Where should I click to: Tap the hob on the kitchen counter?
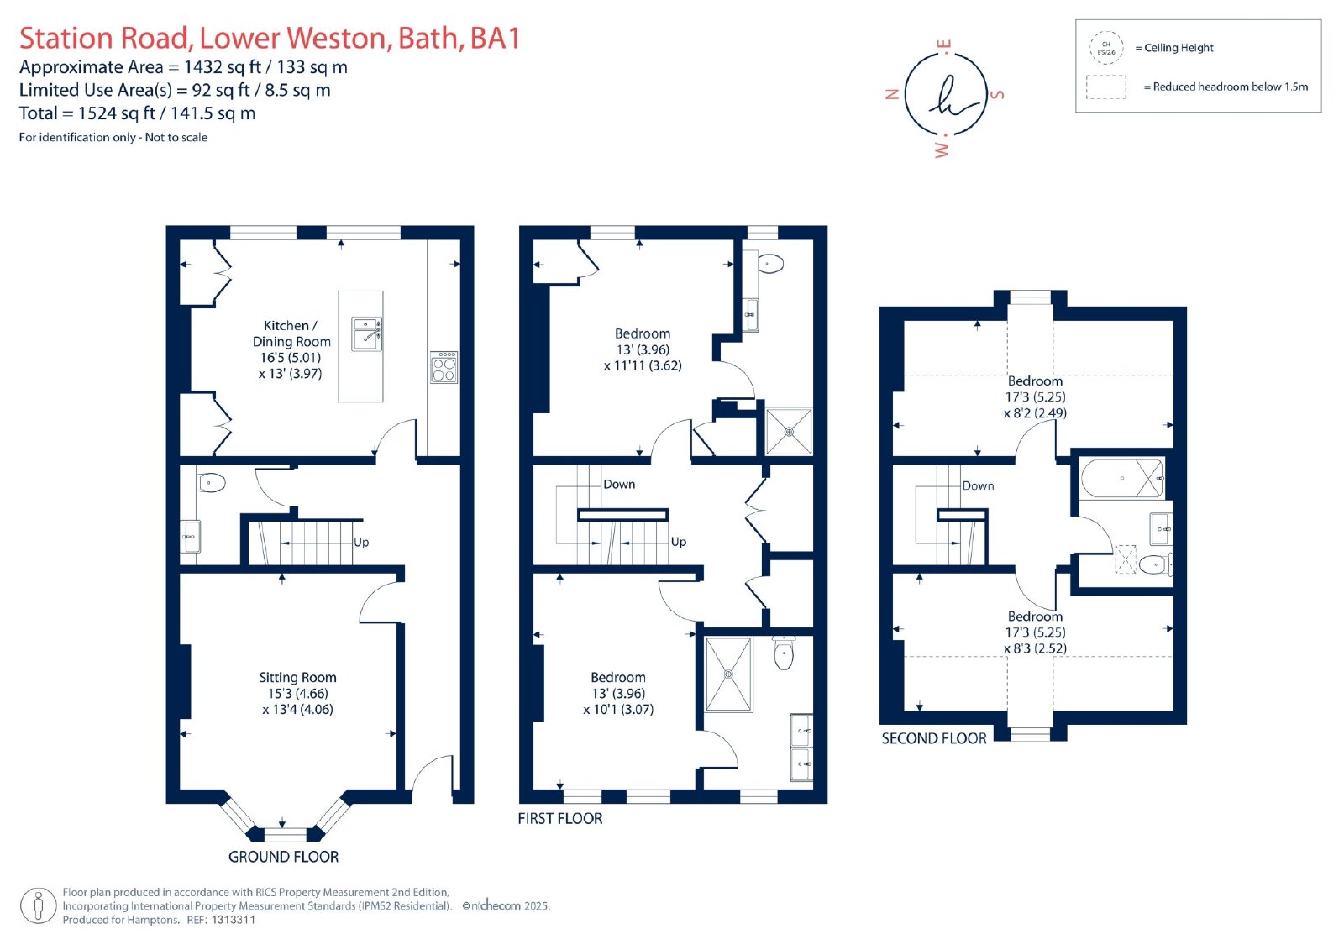[x=444, y=367]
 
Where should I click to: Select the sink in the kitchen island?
[x=366, y=334]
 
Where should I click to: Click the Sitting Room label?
[x=297, y=678]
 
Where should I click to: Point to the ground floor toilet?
[x=210, y=482]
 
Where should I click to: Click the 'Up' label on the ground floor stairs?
[x=361, y=543]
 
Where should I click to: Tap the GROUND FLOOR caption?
[x=283, y=857]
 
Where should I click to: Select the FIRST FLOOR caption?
[x=559, y=819]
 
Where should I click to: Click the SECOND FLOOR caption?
[x=933, y=739]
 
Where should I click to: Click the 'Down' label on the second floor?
[x=978, y=486]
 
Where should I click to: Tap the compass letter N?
[x=892, y=94]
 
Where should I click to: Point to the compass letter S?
[x=996, y=94]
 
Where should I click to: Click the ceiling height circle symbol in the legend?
[x=1105, y=48]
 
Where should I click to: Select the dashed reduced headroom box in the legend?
[x=1105, y=87]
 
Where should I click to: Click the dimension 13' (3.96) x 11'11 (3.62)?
[x=643, y=358]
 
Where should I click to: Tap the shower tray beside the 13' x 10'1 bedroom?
[x=728, y=674]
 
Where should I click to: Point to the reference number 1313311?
[x=234, y=920]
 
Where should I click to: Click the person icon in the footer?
[x=39, y=905]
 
